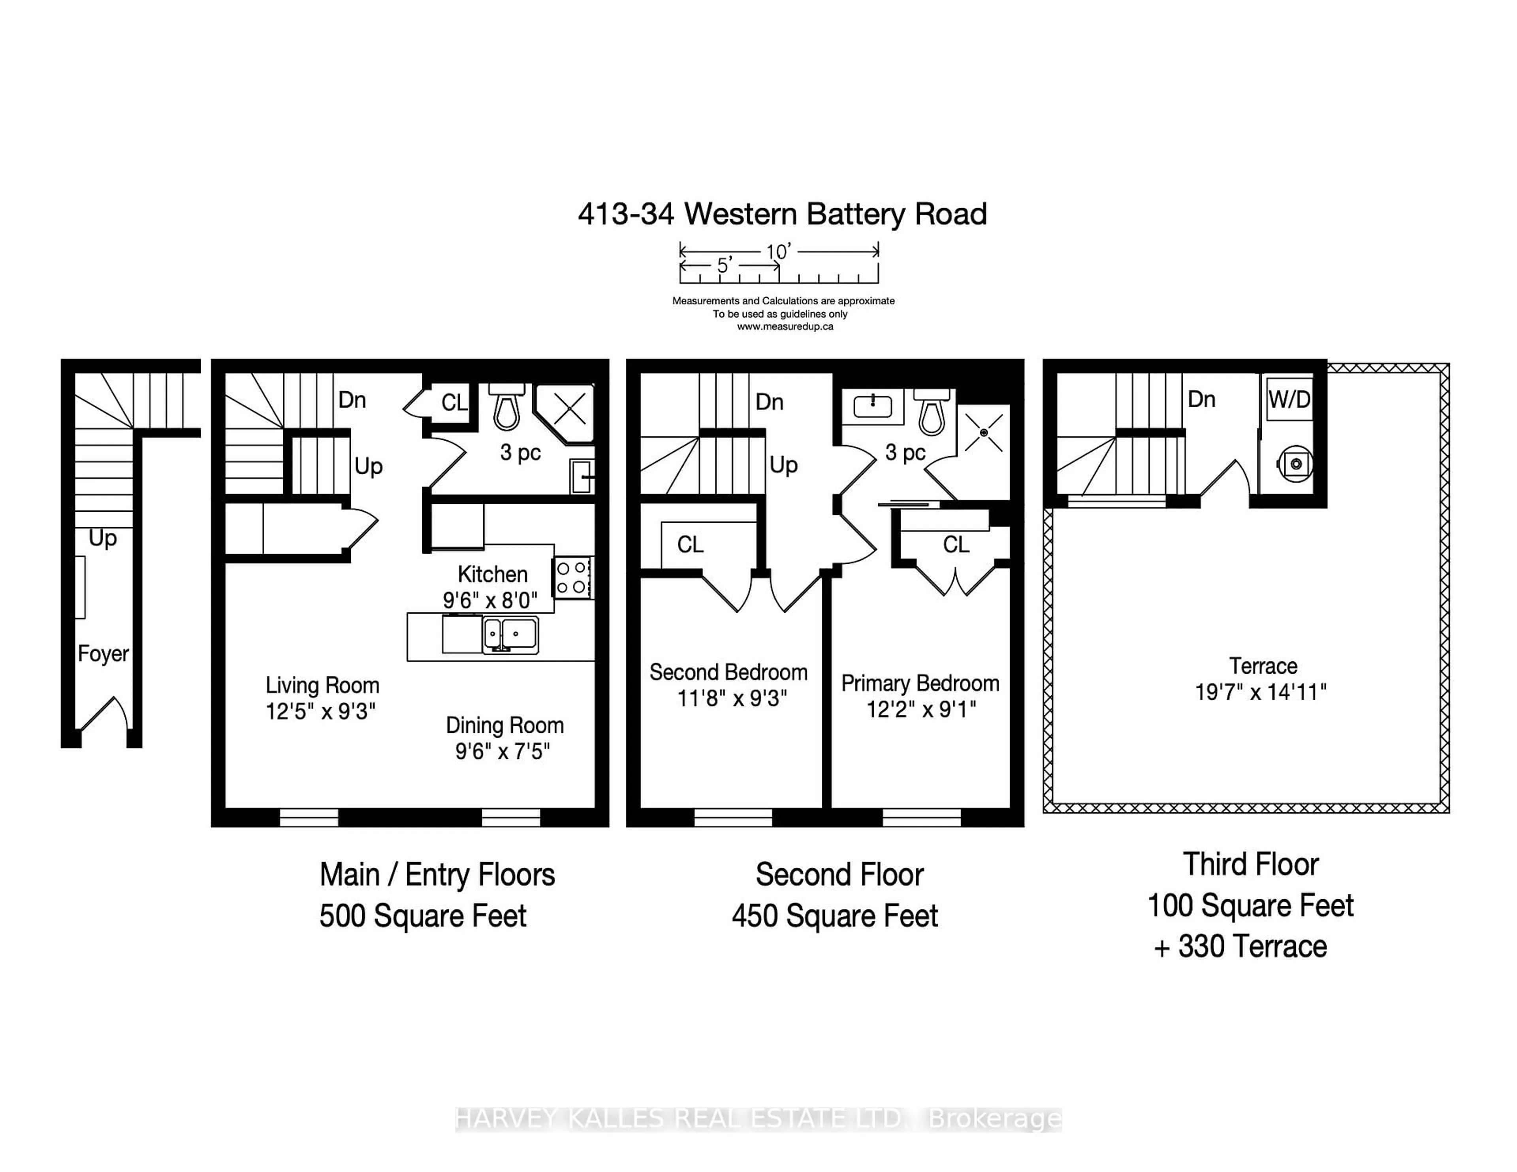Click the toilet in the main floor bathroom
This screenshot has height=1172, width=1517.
(506, 407)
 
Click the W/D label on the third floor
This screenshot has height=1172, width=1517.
(1289, 399)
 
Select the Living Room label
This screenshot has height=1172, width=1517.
(322, 685)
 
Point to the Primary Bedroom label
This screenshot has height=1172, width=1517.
(920, 683)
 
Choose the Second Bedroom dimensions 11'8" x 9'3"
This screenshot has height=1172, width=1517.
(732, 698)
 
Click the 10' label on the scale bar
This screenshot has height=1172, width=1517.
(779, 252)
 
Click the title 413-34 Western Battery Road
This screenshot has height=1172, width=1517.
(782, 214)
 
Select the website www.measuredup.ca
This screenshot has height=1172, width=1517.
(785, 326)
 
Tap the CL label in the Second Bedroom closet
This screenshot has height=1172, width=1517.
(691, 545)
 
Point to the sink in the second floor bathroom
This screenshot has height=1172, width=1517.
(872, 406)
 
